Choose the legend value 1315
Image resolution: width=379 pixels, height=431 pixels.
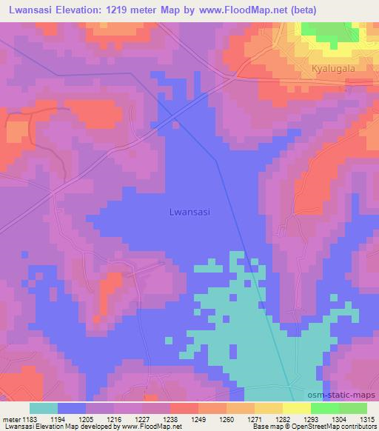pyautogui.click(x=366, y=418)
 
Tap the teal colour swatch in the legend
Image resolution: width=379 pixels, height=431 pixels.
pyautogui.click(x=43, y=408)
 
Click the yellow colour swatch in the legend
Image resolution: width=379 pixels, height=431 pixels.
pyautogui.click(x=296, y=408)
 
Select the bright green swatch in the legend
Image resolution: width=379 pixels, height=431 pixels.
pyautogui.click(x=324, y=408)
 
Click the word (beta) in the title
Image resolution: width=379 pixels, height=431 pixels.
pyautogui.click(x=344, y=10)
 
